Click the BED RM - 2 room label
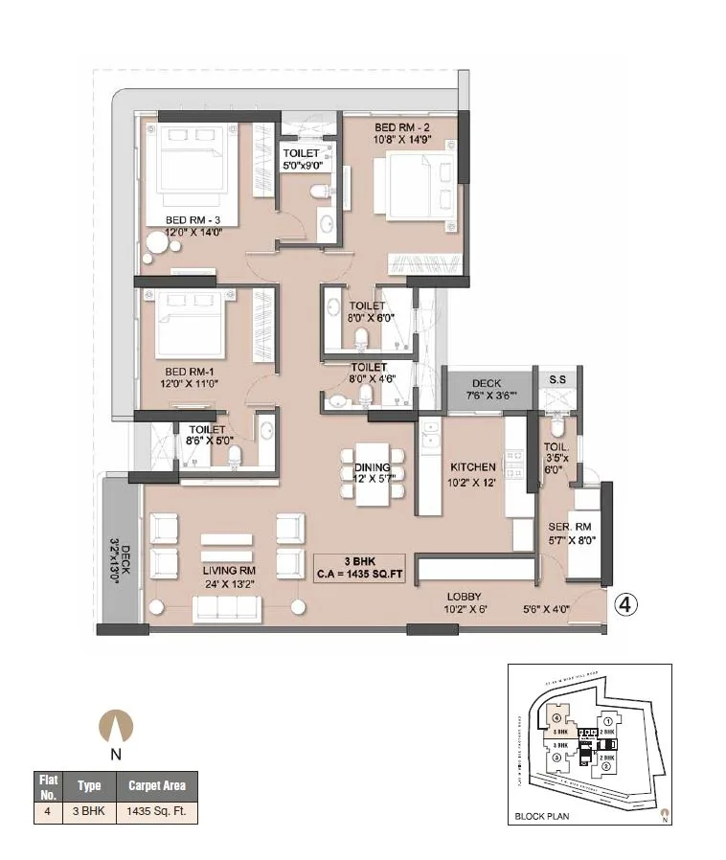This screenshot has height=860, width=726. [x=403, y=127]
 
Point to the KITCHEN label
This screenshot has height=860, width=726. [x=473, y=467]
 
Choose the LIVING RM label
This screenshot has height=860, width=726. [x=228, y=570]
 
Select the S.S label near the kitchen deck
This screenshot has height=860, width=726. [x=556, y=379]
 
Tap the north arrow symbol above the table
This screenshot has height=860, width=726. [x=116, y=725]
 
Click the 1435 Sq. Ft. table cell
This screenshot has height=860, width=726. [x=155, y=811]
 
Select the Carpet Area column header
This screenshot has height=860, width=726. [x=155, y=785]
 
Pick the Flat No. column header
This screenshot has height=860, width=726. [x=48, y=785]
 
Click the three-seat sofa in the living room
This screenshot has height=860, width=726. [x=227, y=609]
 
